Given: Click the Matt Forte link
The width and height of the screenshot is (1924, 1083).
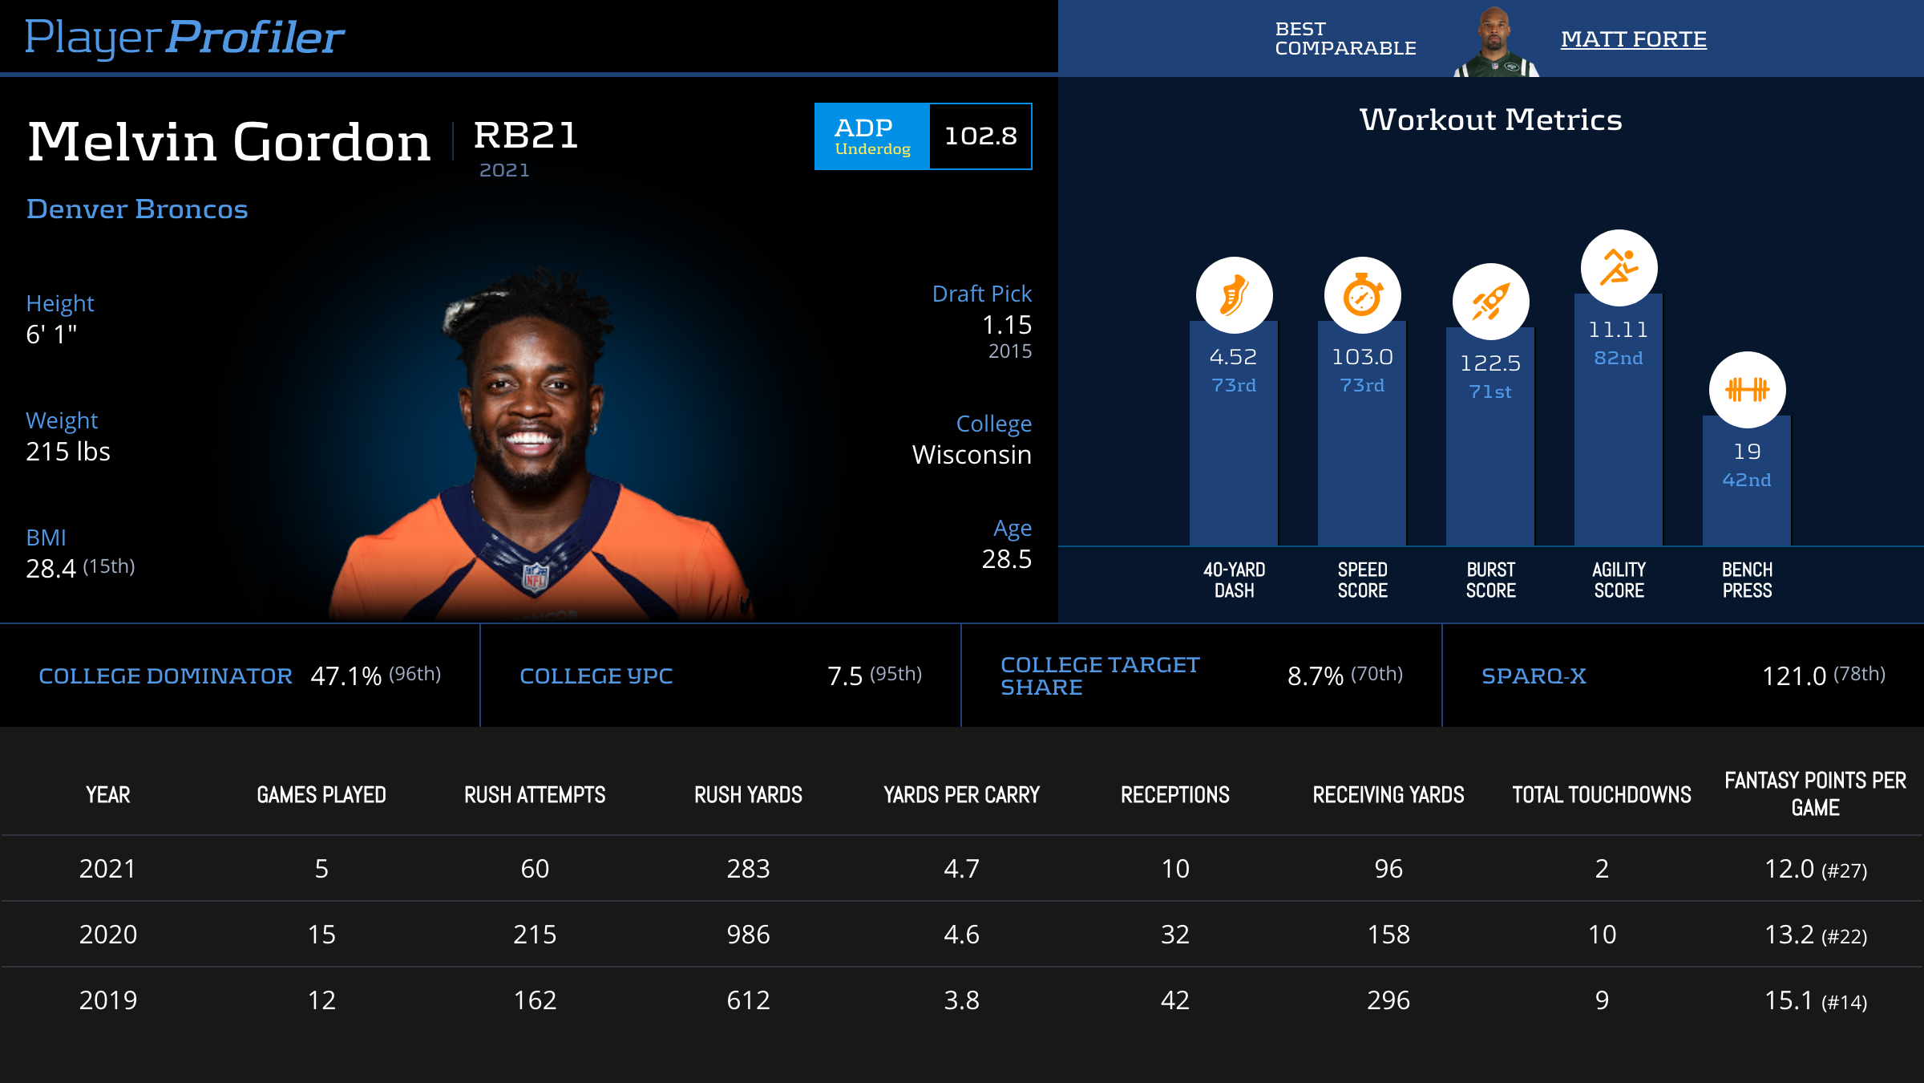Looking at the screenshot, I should click(x=1633, y=39).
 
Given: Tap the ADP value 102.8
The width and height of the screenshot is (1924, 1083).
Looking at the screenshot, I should click(x=980, y=136).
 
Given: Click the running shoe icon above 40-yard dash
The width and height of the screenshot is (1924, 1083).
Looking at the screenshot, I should click(x=1234, y=295).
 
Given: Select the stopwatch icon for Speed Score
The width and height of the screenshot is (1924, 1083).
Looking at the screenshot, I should click(x=1362, y=295).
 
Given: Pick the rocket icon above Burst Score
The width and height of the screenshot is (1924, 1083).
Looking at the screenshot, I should click(x=1490, y=302).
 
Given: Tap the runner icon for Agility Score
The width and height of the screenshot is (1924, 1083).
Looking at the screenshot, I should click(x=1619, y=268).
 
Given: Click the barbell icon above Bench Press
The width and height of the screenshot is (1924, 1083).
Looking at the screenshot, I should click(x=1747, y=390).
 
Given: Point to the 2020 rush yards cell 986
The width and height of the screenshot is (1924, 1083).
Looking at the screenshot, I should click(x=748, y=935).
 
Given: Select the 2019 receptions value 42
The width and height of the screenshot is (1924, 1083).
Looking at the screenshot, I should click(x=1174, y=1000).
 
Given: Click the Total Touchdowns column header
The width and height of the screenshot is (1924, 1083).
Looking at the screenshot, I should click(x=1601, y=795).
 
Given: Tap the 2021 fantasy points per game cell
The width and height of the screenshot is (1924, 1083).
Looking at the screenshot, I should click(x=1815, y=869).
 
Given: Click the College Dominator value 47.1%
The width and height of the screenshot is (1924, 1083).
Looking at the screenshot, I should click(x=346, y=676).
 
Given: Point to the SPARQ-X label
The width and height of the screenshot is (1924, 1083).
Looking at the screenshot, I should click(x=1534, y=676).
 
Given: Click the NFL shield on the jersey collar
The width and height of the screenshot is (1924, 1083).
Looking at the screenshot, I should click(x=536, y=577).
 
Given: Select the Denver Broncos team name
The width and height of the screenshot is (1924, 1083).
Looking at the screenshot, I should click(x=137, y=209).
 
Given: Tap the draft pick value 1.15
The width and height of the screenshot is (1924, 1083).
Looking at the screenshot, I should click(x=1006, y=325).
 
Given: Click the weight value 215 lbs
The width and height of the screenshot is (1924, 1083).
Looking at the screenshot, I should click(x=68, y=452).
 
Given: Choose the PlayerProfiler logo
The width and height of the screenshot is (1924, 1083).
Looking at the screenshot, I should click(x=184, y=37).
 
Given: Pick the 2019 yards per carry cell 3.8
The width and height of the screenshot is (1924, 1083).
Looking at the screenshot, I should click(x=961, y=1000).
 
